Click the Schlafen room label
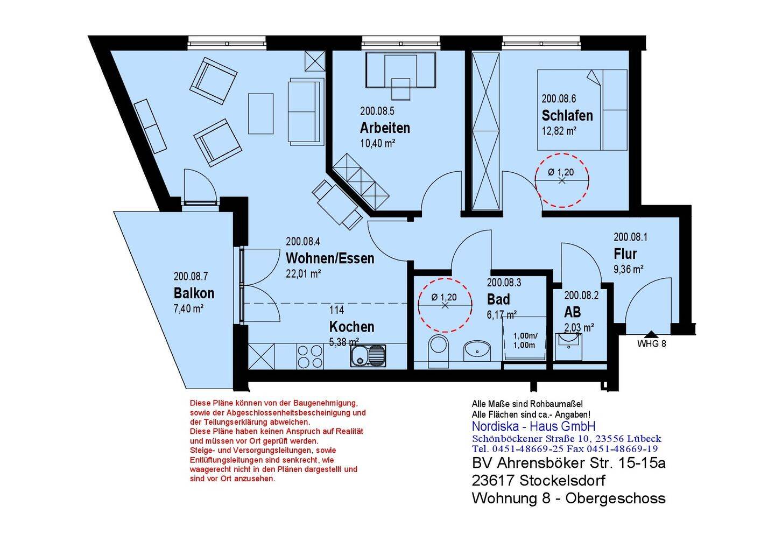(567, 115)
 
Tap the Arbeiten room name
(385, 128)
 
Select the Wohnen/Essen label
(330, 258)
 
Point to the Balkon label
(194, 293)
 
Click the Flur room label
(625, 254)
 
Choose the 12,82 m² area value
(559, 131)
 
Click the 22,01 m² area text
(304, 273)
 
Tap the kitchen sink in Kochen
(368, 355)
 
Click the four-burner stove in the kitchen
(309, 356)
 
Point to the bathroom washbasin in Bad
(477, 350)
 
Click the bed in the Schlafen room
(582, 110)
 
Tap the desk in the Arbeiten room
(401, 70)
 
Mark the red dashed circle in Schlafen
(562, 180)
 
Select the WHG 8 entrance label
(651, 344)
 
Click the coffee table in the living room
(261, 114)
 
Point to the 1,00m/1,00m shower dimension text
(524, 340)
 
